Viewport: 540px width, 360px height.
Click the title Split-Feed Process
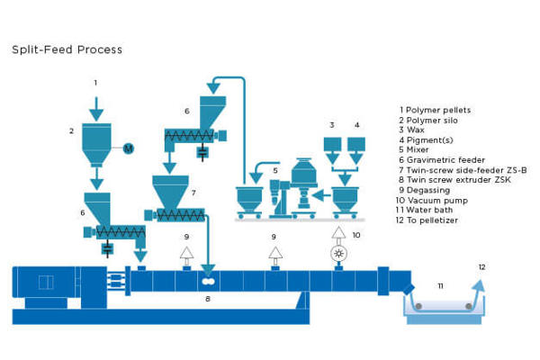(x=67, y=49)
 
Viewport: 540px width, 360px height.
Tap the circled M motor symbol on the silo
(x=127, y=148)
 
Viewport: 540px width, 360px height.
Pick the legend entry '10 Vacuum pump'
(x=431, y=201)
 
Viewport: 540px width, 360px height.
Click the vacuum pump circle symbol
(x=338, y=254)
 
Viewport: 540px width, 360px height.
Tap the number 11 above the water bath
(x=441, y=285)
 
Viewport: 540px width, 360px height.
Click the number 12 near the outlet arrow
(x=481, y=267)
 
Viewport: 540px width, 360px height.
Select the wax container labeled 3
(x=332, y=144)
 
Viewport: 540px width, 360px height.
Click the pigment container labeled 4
(x=357, y=144)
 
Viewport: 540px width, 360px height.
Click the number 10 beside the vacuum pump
(x=355, y=235)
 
